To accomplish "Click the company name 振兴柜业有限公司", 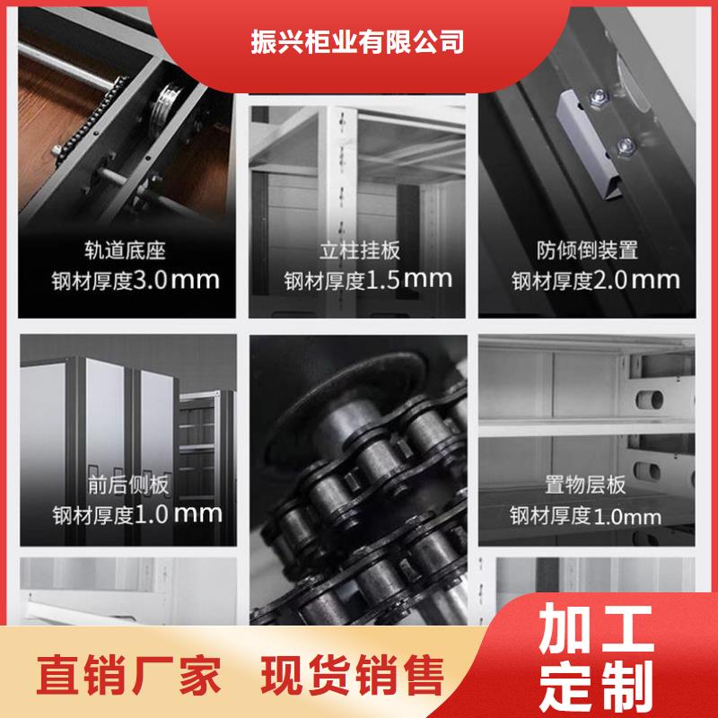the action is pyautogui.click(x=357, y=41).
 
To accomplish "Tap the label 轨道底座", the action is pyautogui.click(x=125, y=250).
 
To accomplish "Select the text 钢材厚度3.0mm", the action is pyautogui.click(x=136, y=280).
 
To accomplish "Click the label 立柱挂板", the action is pyautogui.click(x=360, y=250).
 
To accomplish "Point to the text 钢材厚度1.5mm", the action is pyautogui.click(x=368, y=280).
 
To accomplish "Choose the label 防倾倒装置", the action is pyautogui.click(x=587, y=250).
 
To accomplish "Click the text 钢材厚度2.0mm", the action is pyautogui.click(x=596, y=280).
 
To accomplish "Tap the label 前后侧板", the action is pyautogui.click(x=128, y=485).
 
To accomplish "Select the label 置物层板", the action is pyautogui.click(x=585, y=485).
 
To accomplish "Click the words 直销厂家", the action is pyautogui.click(x=128, y=675).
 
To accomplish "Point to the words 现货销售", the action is pyautogui.click(x=353, y=675).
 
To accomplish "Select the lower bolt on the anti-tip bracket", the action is pyautogui.click(x=624, y=147).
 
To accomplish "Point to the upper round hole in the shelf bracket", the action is pyautogui.click(x=649, y=399).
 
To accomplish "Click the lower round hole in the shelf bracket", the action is pyautogui.click(x=647, y=471).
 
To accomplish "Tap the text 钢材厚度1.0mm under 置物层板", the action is pyautogui.click(x=585, y=516).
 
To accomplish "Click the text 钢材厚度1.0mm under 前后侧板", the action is pyautogui.click(x=137, y=514).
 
